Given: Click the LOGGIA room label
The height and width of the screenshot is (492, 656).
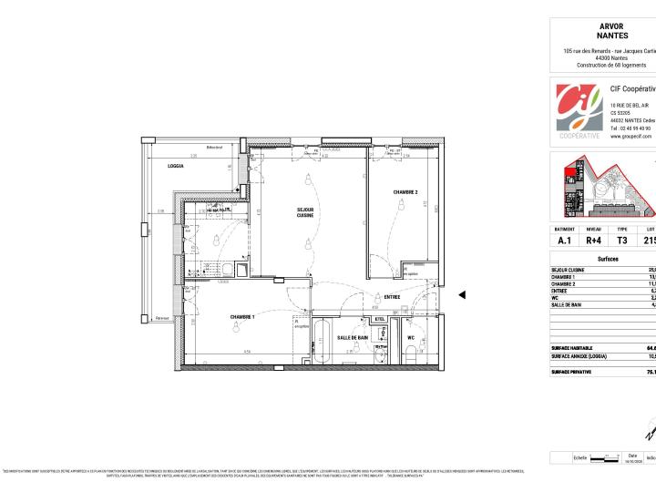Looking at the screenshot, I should coord(176,166).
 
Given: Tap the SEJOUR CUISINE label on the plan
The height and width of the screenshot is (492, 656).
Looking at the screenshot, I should coord(305,214).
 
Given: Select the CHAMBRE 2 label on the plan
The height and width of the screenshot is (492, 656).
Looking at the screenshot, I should coord(405,192).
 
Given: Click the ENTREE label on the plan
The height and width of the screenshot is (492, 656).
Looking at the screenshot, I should coord(392,296).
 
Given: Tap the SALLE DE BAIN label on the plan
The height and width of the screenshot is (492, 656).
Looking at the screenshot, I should coord(352,337).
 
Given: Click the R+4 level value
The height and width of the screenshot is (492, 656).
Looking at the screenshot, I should coord(593,241).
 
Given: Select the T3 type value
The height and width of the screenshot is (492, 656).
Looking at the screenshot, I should coord(622,241).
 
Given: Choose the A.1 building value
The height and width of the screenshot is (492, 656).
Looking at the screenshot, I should coord(565,241).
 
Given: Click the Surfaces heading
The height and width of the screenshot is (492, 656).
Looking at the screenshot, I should coord(608,260).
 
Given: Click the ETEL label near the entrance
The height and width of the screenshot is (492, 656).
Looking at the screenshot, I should coord(379,319).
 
